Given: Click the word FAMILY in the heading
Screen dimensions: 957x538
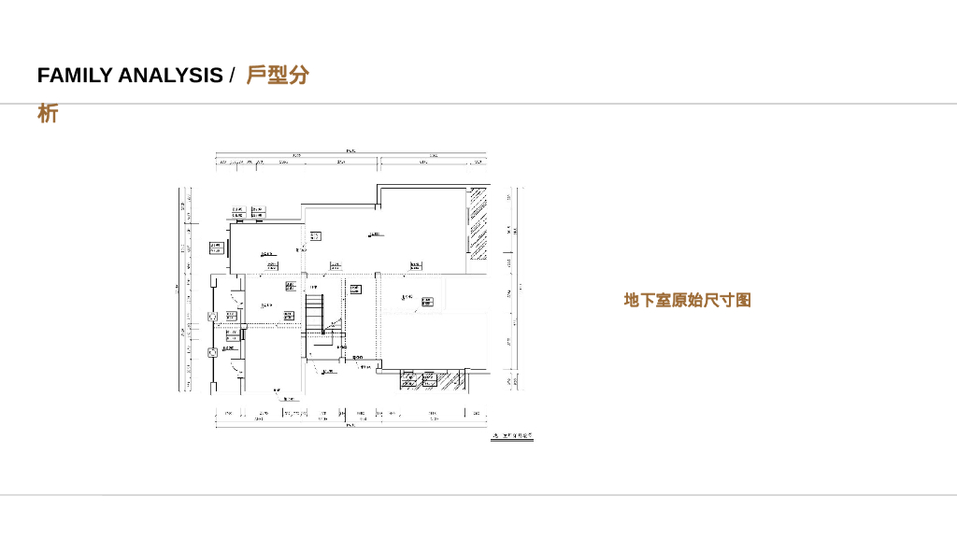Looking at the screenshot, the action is [x=75, y=76].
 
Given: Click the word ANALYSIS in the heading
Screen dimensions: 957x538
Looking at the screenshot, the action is [x=170, y=76].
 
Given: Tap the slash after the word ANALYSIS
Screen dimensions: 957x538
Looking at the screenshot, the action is [x=232, y=76].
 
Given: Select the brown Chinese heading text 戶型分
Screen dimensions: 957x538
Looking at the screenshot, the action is [x=278, y=75].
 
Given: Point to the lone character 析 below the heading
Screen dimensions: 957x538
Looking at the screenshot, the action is [x=48, y=114].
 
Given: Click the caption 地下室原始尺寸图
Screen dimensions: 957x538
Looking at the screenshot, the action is [x=687, y=300].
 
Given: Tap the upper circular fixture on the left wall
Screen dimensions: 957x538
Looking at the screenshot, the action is [x=212, y=316].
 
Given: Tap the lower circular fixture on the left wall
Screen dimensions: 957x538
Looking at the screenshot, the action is [x=212, y=352].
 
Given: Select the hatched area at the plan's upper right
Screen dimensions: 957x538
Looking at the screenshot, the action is [x=478, y=224].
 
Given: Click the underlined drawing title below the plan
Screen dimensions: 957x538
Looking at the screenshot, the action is [x=512, y=436].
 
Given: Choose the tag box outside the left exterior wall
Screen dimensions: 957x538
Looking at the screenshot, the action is [x=216, y=248].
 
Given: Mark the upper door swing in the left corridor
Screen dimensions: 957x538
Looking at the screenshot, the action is [x=236, y=301].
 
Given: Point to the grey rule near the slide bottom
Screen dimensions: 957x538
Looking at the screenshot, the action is [x=478, y=495].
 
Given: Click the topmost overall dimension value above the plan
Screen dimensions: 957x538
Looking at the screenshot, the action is [x=350, y=151].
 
